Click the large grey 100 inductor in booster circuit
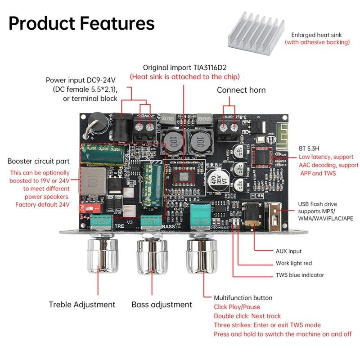tap(89, 181)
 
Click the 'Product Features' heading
tap(81, 23)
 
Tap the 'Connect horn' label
tap(241, 90)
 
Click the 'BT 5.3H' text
tap(310, 148)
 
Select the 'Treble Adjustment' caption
tap(82, 305)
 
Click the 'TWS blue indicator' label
tap(300, 275)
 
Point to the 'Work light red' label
tap(294, 263)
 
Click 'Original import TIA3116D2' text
tap(184, 67)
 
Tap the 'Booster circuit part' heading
tap(39, 161)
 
